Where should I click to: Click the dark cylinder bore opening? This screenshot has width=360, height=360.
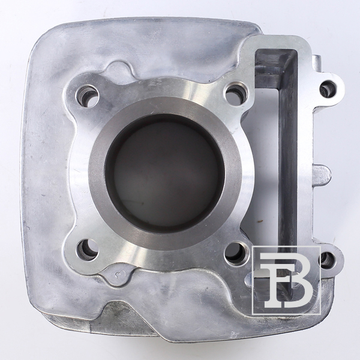point(165,173)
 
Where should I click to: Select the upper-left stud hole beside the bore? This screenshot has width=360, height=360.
point(88,95)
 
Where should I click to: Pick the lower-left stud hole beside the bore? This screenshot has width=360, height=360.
point(88,250)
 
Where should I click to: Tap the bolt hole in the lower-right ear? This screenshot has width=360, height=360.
point(328,260)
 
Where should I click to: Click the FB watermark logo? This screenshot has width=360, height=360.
point(287,280)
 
